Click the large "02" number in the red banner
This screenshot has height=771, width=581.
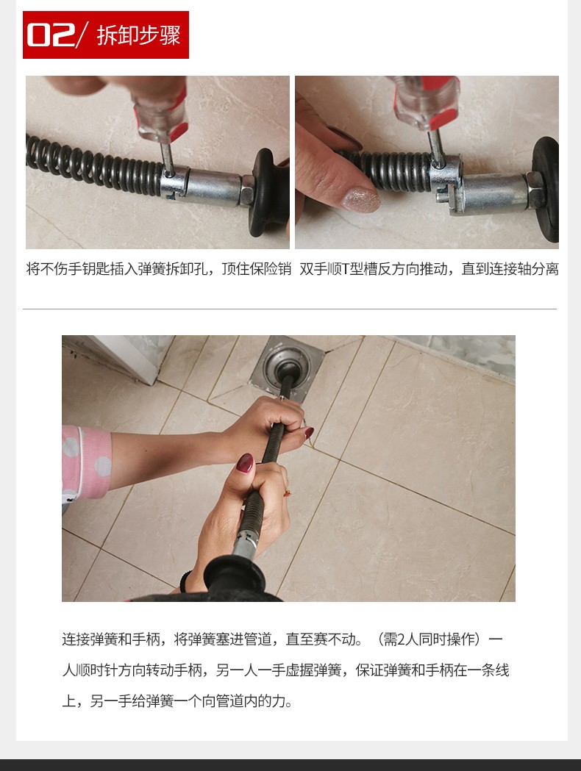(x=51, y=35)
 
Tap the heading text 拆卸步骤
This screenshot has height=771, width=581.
(x=139, y=35)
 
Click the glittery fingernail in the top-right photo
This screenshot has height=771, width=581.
(x=362, y=199)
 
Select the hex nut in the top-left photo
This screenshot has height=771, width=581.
(x=246, y=190)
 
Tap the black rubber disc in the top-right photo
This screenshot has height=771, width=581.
(x=546, y=189)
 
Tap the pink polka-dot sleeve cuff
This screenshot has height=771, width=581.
(x=87, y=463)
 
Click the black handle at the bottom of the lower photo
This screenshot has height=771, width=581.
(x=234, y=578)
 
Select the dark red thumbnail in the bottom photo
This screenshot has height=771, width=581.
(x=245, y=463)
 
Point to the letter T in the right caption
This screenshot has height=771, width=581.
(x=346, y=269)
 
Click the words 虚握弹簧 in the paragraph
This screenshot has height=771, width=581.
(x=313, y=670)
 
